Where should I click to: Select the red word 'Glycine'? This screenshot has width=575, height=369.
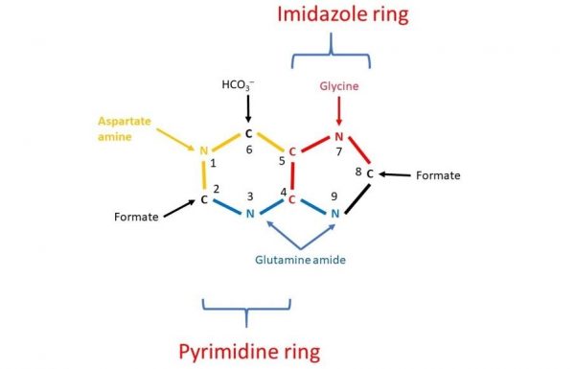339,86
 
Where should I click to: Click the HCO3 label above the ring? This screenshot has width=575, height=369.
239,87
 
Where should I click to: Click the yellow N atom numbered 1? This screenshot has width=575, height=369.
203,150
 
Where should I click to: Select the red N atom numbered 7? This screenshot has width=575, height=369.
338,135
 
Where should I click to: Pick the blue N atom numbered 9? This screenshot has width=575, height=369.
335,213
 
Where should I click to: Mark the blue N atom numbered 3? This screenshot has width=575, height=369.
249,213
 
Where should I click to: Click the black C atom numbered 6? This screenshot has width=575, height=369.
248,134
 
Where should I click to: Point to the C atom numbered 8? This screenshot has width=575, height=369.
369,174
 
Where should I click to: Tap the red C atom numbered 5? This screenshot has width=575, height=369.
292,150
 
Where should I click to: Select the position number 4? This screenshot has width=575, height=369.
282,194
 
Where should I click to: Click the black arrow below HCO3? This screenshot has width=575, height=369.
248,107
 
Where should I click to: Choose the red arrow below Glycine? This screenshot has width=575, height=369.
338,107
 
